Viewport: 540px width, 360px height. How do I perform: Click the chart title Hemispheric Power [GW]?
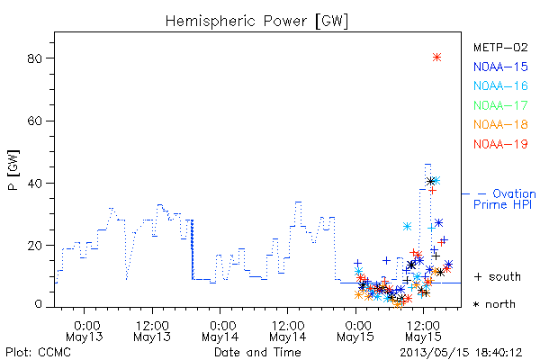tap(256, 22)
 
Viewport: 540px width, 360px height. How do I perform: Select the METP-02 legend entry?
tap(500, 47)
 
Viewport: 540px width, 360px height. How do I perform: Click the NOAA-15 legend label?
tap(500, 67)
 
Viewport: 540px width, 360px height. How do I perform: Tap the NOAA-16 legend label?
tap(500, 85)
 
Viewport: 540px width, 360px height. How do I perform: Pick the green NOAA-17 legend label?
tap(500, 105)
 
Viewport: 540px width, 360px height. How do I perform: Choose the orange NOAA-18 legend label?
tap(500, 124)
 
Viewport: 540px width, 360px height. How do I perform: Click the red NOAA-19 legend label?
tap(500, 144)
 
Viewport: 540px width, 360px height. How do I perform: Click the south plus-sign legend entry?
tap(498, 276)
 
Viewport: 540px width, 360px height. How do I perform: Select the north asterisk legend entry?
tap(494, 304)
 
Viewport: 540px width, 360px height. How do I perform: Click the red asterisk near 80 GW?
tap(436, 58)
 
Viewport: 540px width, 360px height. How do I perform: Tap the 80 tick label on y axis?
tap(35, 58)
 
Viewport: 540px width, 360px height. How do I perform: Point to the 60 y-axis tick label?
tap(35, 121)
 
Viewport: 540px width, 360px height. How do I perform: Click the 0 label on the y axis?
tap(38, 304)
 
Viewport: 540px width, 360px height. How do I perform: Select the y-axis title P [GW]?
tap(13, 170)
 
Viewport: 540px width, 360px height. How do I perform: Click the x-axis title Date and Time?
tap(257, 352)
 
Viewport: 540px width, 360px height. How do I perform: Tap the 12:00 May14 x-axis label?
tap(288, 331)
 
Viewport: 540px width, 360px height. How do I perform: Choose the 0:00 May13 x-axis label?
tap(85, 331)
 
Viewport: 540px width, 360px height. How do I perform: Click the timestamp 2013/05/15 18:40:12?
tap(461, 353)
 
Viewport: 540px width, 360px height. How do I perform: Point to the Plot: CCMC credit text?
tap(38, 353)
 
